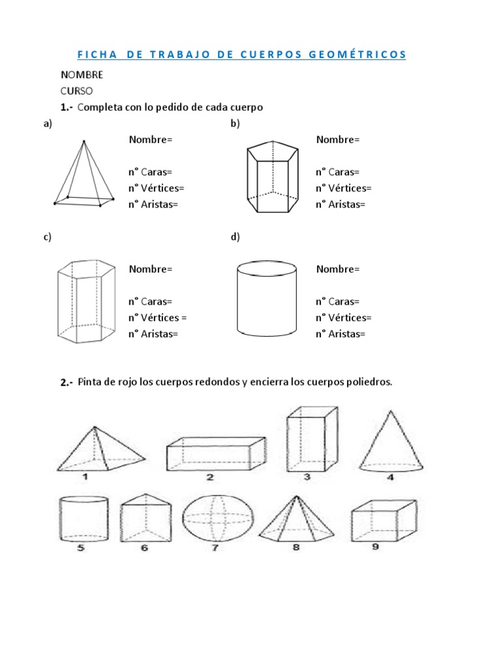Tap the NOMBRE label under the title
(82, 75)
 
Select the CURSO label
(77, 91)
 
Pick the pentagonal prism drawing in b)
(273, 177)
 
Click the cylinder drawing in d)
(266, 299)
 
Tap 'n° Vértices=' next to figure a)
(156, 189)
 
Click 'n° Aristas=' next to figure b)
(341, 204)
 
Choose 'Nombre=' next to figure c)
(151, 269)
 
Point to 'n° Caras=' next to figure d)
(337, 301)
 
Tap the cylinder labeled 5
(83, 519)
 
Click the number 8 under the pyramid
(296, 547)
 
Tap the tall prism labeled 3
(311, 438)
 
